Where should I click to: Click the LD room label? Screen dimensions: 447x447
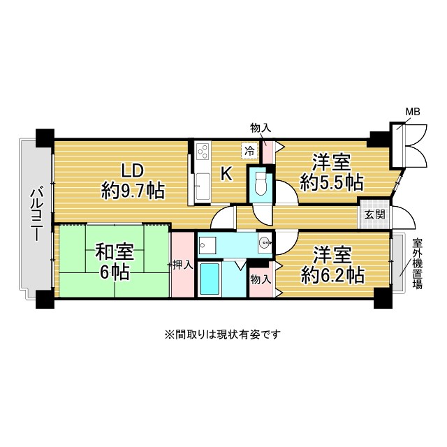coord(133,181)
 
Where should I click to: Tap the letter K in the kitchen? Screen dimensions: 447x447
coord(226,174)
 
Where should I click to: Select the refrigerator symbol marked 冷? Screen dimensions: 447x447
coord(250,151)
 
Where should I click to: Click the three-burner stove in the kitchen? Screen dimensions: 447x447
coord(203,151)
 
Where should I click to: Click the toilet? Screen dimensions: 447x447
coord(261,183)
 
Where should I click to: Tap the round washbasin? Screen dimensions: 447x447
coord(265,242)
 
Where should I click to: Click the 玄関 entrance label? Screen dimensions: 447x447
coord(375,214)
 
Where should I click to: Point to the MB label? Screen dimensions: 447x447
coord(413,112)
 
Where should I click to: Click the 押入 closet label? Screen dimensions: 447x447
coord(183,265)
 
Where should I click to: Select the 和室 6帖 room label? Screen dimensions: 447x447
coord(115,261)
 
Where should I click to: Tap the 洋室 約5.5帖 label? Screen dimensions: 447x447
coord(332,173)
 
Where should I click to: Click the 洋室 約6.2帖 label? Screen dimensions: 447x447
coord(332,265)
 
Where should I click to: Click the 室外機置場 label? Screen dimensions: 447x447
coord(418,264)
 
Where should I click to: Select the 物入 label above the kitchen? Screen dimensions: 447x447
coord(261,128)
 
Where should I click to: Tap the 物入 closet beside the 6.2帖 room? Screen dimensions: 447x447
coord(261,279)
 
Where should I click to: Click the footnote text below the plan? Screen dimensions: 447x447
coord(223,334)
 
